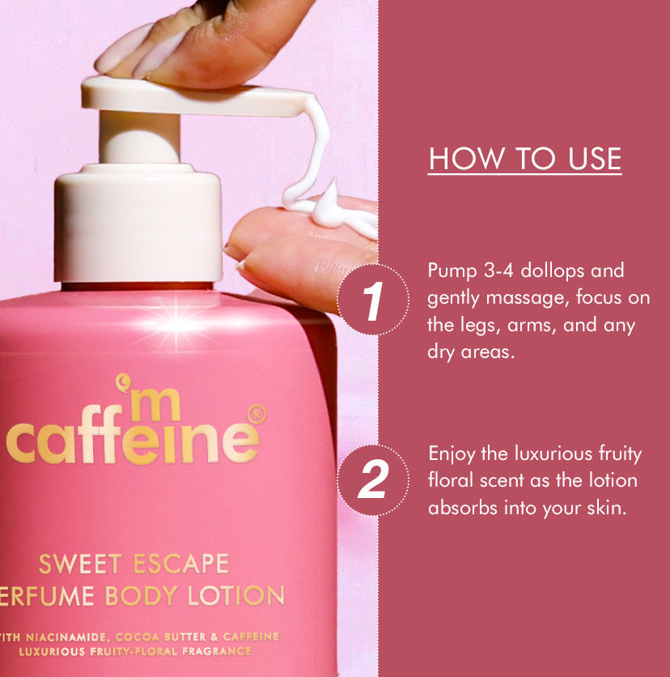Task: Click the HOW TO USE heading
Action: point(524,159)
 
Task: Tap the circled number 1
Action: point(372,300)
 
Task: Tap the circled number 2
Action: point(372,480)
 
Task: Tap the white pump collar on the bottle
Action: point(138,219)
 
